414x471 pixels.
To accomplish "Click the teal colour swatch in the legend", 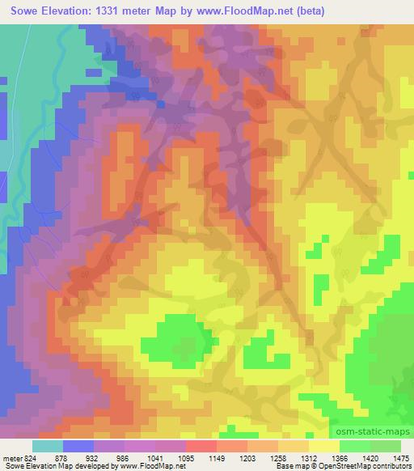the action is (x=48, y=446).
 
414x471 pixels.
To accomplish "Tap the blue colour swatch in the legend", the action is (x=78, y=446).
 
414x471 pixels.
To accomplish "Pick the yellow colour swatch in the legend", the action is (x=324, y=446).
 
